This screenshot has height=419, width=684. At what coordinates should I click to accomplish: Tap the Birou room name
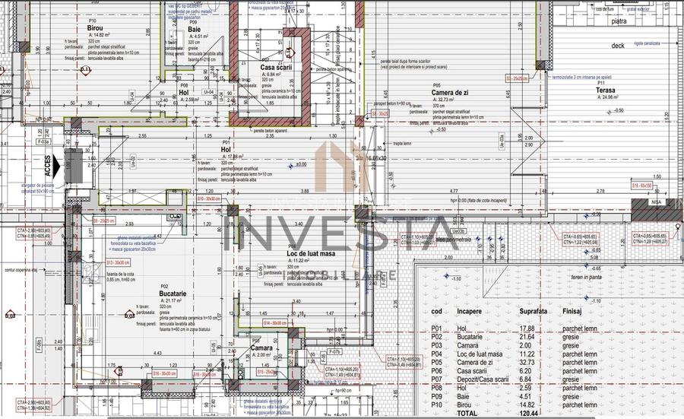pos(93,28)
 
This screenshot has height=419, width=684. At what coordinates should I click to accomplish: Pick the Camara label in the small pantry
pos(261,348)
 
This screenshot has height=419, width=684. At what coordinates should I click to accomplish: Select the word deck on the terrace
pos(617,46)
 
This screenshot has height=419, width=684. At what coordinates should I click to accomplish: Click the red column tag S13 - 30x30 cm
pos(118,263)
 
